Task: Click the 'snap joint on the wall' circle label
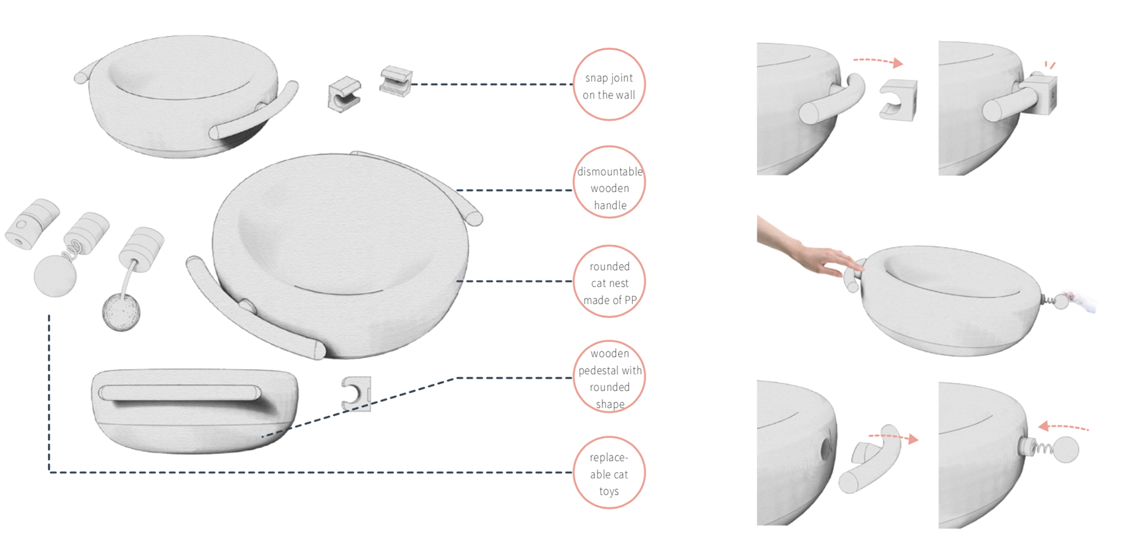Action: click(x=609, y=85)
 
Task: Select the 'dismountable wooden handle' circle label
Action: click(x=609, y=183)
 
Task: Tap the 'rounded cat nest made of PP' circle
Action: click(x=609, y=282)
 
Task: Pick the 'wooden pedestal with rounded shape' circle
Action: click(x=609, y=377)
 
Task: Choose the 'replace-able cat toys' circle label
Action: click(x=609, y=473)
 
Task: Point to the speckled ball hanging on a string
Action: click(x=121, y=312)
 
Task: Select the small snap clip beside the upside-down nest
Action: click(x=356, y=393)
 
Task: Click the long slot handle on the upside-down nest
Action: click(x=179, y=392)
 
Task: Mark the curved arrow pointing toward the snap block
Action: click(x=878, y=61)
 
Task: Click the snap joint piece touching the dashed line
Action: click(x=396, y=81)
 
